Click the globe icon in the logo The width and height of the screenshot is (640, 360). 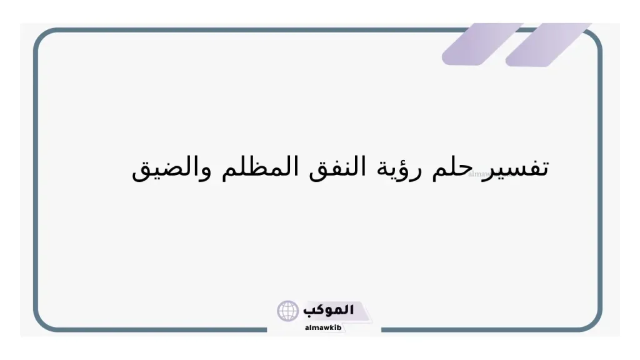288,311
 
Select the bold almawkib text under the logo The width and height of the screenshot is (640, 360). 322,327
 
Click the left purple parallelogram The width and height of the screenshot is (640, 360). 481,44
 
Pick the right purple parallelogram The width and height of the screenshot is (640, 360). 549,44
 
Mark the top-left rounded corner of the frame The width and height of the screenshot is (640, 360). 41,36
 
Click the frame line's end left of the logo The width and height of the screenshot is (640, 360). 267,329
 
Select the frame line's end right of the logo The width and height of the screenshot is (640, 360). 382,329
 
